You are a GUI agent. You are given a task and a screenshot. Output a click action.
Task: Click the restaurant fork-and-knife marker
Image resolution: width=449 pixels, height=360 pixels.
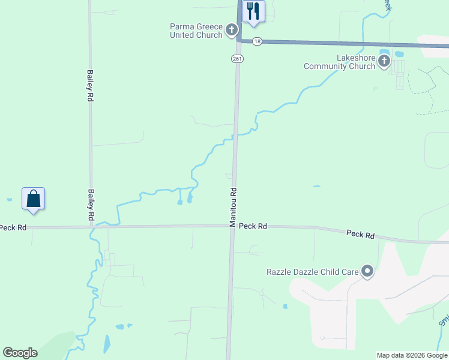tap(253, 11)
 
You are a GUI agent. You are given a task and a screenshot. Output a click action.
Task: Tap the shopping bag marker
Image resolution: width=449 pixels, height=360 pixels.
tap(34, 198)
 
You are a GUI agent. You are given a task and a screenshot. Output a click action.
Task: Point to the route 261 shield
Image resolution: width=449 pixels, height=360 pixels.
tap(237, 58)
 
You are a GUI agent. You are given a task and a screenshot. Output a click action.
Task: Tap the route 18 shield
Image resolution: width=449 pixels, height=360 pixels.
tap(257, 41)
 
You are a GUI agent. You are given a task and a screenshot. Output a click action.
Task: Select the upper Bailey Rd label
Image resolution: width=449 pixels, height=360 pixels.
tap(90, 85)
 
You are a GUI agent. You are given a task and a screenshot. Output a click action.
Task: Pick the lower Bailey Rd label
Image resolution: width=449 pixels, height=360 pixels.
tap(91, 204)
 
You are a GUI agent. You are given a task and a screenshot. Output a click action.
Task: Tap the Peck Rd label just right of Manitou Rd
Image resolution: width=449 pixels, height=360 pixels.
tap(253, 226)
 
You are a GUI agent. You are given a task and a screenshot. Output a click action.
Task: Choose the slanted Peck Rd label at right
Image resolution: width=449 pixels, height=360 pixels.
tap(360, 233)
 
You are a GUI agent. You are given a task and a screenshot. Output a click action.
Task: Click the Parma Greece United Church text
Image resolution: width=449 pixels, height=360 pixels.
tap(196, 31)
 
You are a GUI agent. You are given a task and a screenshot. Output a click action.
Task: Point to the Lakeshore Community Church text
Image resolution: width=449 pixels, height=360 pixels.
tap(340, 62)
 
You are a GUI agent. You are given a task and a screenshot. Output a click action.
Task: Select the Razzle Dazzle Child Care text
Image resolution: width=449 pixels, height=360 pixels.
tap(312, 272)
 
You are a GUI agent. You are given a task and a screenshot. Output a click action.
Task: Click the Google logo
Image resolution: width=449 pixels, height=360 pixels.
tap(20, 353)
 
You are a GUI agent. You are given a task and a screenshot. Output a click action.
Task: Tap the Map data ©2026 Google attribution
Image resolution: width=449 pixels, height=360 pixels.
tap(412, 355)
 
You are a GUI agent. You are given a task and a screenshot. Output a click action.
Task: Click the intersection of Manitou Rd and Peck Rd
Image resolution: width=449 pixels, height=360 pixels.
tap(231, 226)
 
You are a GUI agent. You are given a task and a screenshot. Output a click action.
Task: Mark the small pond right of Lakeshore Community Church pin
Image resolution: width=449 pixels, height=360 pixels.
tap(399, 55)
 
